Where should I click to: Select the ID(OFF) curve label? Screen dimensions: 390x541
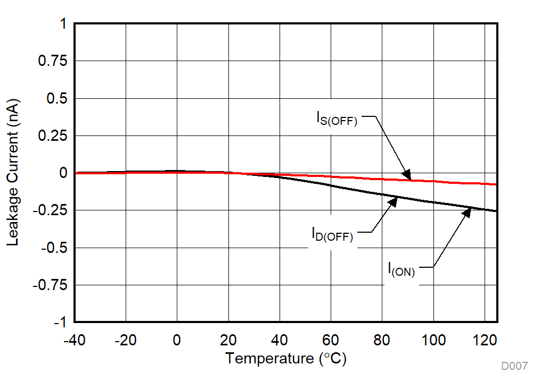tap(332, 234)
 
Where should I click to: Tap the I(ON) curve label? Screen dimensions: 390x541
tap(401, 269)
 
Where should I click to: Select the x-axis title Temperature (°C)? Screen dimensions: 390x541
tap(285, 359)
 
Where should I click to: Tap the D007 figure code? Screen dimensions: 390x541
tap(514, 366)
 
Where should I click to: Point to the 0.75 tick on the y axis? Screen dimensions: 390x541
tap(52, 61)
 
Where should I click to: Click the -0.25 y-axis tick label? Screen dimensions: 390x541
tap(50, 210)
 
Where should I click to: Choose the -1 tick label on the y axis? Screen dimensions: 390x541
tap(59, 322)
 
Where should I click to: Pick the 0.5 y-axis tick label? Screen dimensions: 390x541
tap(56, 98)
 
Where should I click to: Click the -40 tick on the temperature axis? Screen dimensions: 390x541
tap(74, 339)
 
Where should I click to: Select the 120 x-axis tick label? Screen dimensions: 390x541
tap(484, 339)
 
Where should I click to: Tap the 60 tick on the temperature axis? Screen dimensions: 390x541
tap(331, 339)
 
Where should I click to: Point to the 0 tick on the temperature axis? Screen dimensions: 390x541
tap(177, 339)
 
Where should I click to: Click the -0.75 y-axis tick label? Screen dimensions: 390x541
tap(50, 285)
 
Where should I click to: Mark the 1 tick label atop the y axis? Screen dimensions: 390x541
tap(63, 24)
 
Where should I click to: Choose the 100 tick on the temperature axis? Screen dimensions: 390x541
tap(433, 339)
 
